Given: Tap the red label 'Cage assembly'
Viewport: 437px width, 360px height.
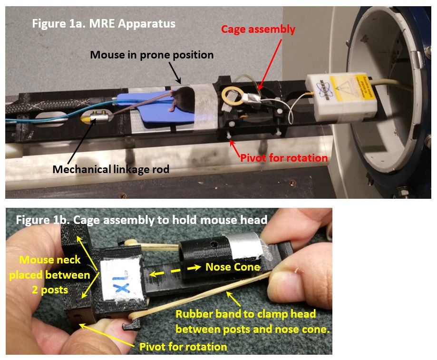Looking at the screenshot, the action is (258, 29).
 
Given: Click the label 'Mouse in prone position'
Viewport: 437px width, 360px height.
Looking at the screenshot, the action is (152, 55).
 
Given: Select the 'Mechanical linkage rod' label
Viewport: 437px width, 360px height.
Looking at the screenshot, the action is (111, 169).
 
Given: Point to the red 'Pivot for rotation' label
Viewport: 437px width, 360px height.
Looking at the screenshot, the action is (284, 158).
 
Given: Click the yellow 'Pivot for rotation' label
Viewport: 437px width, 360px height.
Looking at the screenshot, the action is (183, 347).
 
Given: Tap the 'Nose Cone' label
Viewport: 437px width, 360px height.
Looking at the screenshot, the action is (233, 267).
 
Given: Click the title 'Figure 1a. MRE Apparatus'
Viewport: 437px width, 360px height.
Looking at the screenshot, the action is (104, 23).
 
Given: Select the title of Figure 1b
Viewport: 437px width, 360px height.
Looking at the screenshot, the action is (142, 220).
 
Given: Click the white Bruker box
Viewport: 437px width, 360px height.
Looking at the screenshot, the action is (341, 97).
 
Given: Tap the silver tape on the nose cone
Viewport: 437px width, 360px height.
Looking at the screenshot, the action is (245, 244).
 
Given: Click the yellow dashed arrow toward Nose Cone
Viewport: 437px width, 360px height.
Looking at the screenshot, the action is (175, 271).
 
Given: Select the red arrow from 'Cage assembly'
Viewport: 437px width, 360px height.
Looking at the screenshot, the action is (269, 65).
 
